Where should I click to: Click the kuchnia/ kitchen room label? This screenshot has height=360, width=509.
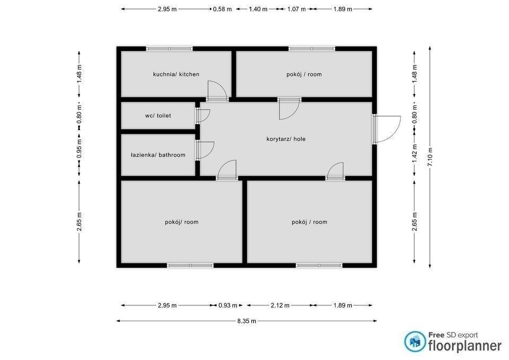tap(176, 74)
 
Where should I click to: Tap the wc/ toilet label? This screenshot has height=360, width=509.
tap(158, 116)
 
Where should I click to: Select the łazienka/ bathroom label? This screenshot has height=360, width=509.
tap(158, 155)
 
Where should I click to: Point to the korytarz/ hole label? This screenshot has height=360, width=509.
tap(286, 139)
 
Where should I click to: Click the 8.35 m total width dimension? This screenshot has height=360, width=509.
tap(247, 321)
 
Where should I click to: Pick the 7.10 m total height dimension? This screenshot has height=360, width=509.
tap(430, 157)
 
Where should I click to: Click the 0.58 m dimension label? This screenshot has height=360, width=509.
tap(222, 9)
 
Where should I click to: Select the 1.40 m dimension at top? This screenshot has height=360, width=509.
tap(258, 9)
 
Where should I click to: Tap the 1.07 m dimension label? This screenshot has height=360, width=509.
tap(296, 9)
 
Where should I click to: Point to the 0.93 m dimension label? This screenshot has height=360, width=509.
tap(228, 305)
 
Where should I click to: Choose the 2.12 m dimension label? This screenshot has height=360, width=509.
tap(280, 305)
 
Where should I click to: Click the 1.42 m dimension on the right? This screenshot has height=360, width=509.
tap(415, 154)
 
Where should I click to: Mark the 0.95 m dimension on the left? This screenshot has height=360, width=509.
tap(79, 148)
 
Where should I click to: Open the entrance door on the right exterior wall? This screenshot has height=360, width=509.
tap(387, 129)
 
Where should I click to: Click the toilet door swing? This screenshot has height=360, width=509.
tap(203, 116)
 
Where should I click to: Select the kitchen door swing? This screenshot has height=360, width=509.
tap(217, 90)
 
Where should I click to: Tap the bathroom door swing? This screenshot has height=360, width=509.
tap(205, 150)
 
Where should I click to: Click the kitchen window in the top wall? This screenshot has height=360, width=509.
tap(169, 49)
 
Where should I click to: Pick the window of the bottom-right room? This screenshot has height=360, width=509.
tap(319, 266)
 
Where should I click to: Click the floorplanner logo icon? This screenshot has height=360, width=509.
tap(415, 341)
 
